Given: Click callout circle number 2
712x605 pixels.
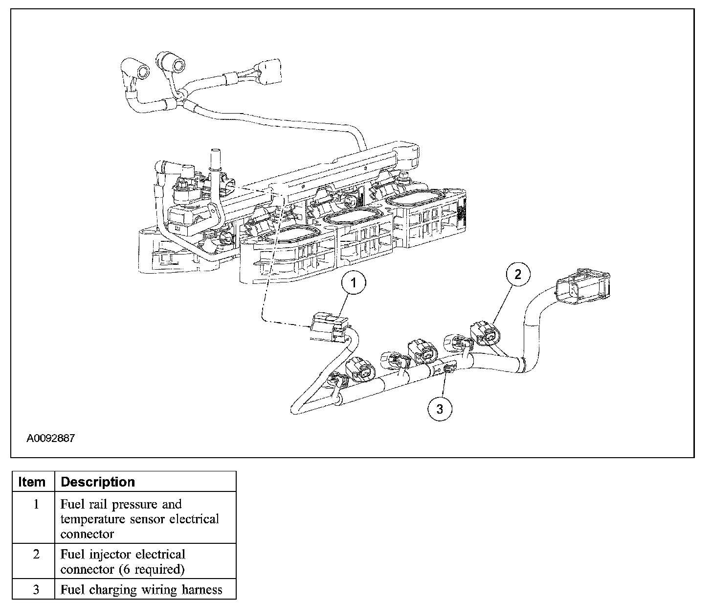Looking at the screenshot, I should tap(517, 274).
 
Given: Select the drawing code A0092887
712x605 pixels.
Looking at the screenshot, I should tap(51, 438).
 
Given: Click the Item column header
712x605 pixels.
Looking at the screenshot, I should tap(32, 482).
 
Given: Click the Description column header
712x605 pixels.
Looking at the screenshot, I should tap(98, 482).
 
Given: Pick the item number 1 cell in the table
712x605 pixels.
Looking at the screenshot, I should tap(36, 504).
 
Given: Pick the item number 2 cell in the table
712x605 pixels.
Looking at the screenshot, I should tap(36, 555).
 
